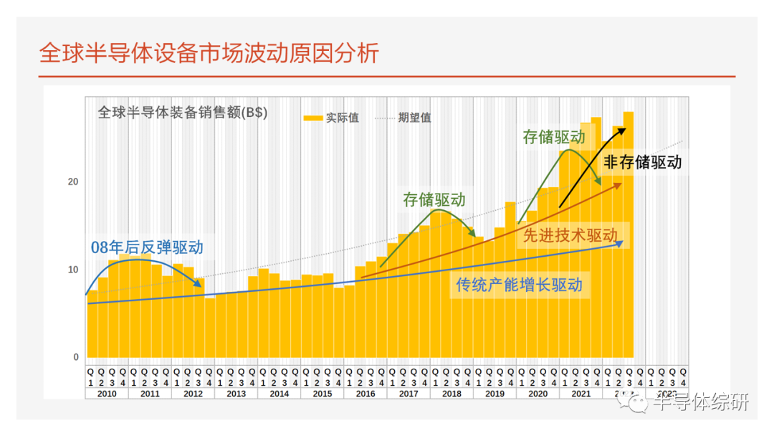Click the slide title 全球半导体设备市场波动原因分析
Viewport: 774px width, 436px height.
[209, 54]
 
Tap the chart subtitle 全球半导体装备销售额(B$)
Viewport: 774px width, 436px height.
[182, 113]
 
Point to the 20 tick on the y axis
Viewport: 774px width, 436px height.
[72, 181]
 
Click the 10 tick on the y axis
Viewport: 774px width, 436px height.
[72, 270]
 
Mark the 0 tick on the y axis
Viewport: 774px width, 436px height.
[75, 357]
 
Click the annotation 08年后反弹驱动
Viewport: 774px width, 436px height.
[147, 248]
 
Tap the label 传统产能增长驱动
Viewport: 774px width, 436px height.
[519, 285]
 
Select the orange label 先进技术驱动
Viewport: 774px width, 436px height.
[570, 235]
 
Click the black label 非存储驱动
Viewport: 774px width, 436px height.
[642, 162]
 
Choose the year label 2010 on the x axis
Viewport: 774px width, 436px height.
[107, 394]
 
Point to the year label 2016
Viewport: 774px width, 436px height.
[365, 394]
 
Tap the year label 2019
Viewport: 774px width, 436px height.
[494, 394]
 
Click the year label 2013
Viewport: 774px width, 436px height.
[236, 394]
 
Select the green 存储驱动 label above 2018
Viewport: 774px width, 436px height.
[434, 200]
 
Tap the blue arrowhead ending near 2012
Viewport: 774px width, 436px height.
[199, 286]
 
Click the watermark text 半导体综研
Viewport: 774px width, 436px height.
[701, 403]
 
